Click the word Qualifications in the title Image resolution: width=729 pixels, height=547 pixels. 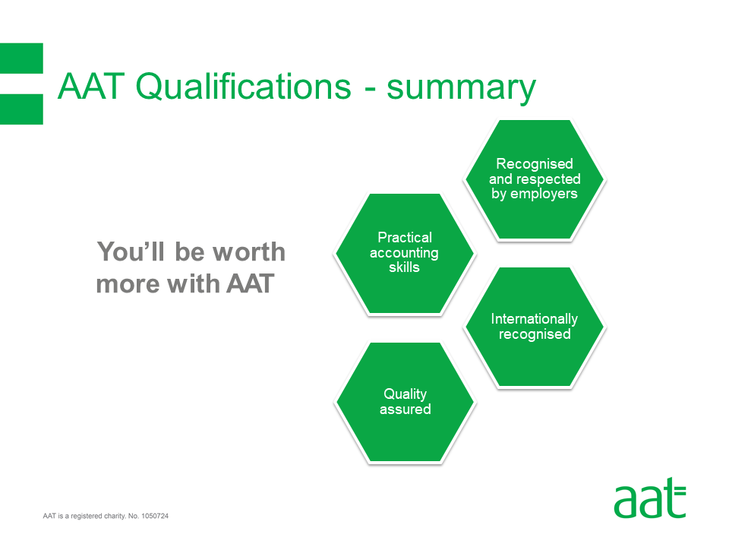click(x=244, y=87)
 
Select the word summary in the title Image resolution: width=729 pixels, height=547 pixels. click(x=461, y=89)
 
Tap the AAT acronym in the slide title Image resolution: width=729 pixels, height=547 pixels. click(x=91, y=86)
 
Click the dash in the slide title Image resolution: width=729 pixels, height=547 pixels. click(x=370, y=90)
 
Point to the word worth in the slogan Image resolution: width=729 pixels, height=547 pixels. click(x=249, y=251)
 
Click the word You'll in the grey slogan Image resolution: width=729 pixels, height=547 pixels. click(x=131, y=251)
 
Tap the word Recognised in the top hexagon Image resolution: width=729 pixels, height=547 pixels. click(x=534, y=164)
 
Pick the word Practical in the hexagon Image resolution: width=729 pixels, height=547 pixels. click(x=405, y=237)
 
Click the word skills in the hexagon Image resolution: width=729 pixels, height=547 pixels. click(x=404, y=267)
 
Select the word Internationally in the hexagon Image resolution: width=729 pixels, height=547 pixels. click(x=534, y=319)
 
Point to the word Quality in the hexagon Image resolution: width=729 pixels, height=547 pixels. click(x=405, y=394)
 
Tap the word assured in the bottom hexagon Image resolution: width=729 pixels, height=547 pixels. click(x=405, y=409)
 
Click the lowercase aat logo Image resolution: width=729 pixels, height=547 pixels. click(x=649, y=498)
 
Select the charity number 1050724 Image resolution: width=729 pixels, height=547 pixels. click(x=155, y=516)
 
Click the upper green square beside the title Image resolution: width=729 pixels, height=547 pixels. click(x=21, y=58)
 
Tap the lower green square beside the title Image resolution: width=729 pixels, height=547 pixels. click(x=21, y=109)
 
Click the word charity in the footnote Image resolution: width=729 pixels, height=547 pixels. click(x=115, y=516)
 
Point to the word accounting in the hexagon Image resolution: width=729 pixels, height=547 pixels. click(x=404, y=252)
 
